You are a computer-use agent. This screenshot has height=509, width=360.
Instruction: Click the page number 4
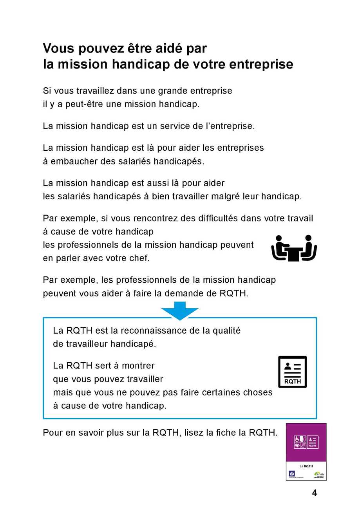tap(314, 493)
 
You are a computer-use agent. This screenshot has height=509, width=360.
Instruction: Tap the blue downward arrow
tap(180, 310)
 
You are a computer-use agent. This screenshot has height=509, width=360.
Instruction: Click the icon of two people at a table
tap(294, 248)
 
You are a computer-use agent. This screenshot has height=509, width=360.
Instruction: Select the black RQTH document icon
tap(292, 372)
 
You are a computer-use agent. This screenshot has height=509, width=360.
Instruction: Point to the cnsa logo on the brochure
tap(319, 474)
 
